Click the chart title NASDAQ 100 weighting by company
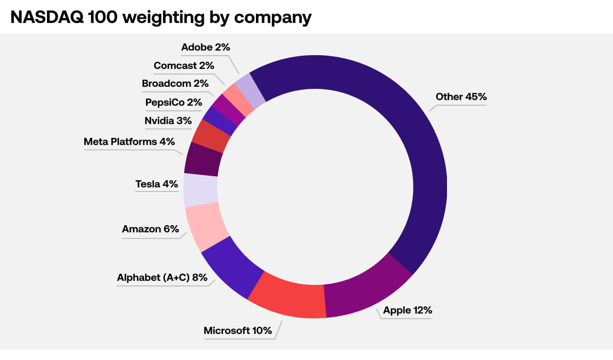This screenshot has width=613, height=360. [x=161, y=17]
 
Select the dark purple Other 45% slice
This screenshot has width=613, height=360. [x=419, y=153]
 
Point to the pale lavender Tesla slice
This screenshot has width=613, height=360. [x=200, y=190]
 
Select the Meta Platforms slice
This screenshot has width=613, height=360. [x=203, y=159]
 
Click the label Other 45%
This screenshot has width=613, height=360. [x=460, y=97]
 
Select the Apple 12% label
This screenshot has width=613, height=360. [x=408, y=310]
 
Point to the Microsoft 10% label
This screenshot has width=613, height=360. [x=238, y=330]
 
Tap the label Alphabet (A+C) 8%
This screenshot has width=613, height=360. [x=162, y=278]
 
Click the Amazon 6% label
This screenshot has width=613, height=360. [x=150, y=229]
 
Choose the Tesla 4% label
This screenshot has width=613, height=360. [x=156, y=184]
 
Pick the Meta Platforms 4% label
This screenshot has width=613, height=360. [x=129, y=141]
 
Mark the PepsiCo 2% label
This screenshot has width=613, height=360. [x=174, y=102]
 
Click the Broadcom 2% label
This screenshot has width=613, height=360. [x=175, y=84]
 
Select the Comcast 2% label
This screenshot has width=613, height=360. [x=183, y=65]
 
